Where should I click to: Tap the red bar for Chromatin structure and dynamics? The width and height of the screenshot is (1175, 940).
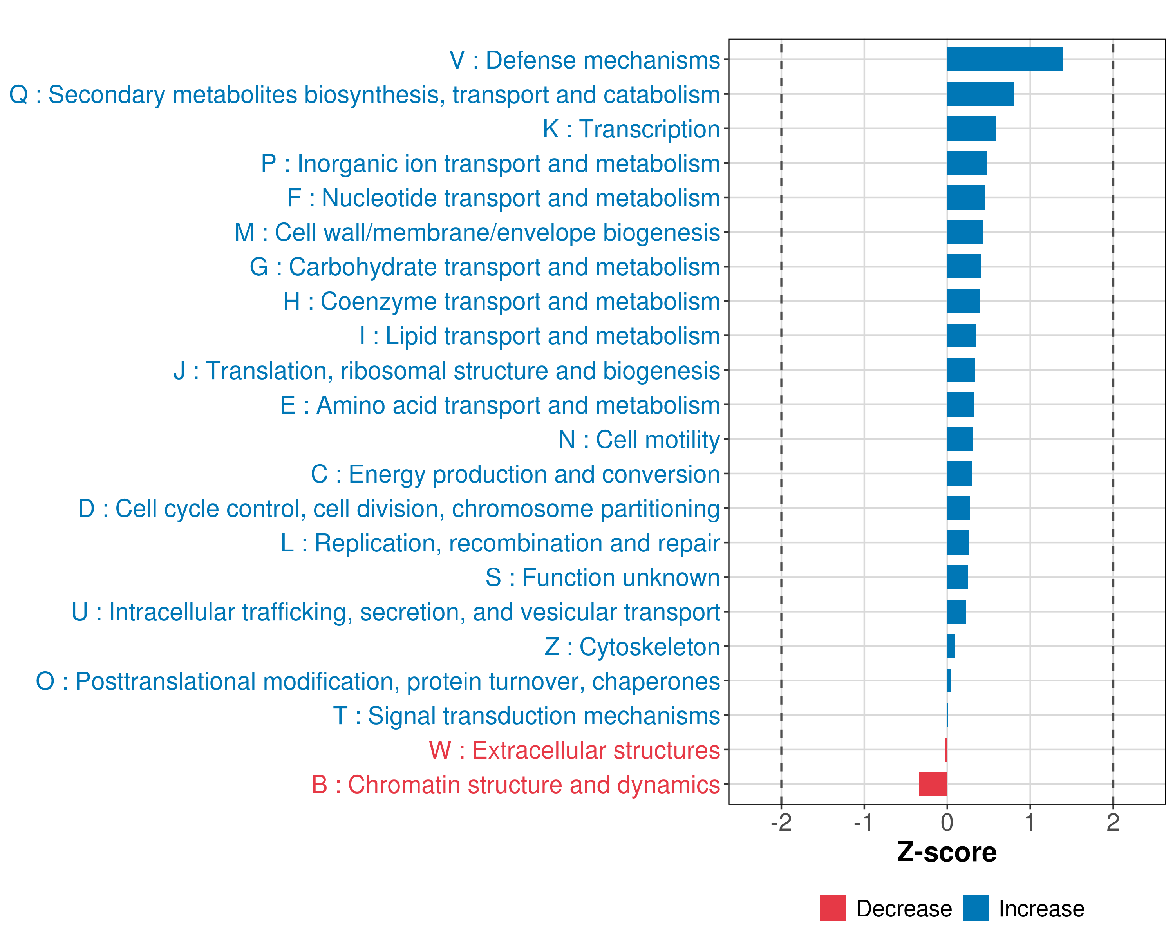pyautogui.click(x=933, y=784)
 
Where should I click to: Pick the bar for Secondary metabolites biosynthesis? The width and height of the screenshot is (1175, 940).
pyautogui.click(x=980, y=94)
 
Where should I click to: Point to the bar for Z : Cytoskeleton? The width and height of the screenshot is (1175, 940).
pyautogui.click(x=951, y=646)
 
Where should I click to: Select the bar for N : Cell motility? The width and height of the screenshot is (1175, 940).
pyautogui.click(x=960, y=439)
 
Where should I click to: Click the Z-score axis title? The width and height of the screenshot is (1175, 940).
pyautogui.click(x=947, y=852)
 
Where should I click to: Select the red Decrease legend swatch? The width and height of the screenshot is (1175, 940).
pyautogui.click(x=832, y=908)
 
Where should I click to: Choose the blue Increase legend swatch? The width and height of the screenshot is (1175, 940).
pyautogui.click(x=975, y=908)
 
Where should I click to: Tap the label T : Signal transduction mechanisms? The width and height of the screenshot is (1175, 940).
pyautogui.click(x=526, y=716)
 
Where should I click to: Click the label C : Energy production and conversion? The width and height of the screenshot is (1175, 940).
pyautogui.click(x=515, y=474)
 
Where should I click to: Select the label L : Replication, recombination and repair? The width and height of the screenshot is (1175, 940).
pyautogui.click(x=500, y=543)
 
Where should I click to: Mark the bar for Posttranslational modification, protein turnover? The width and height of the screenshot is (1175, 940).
pyautogui.click(x=949, y=681)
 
